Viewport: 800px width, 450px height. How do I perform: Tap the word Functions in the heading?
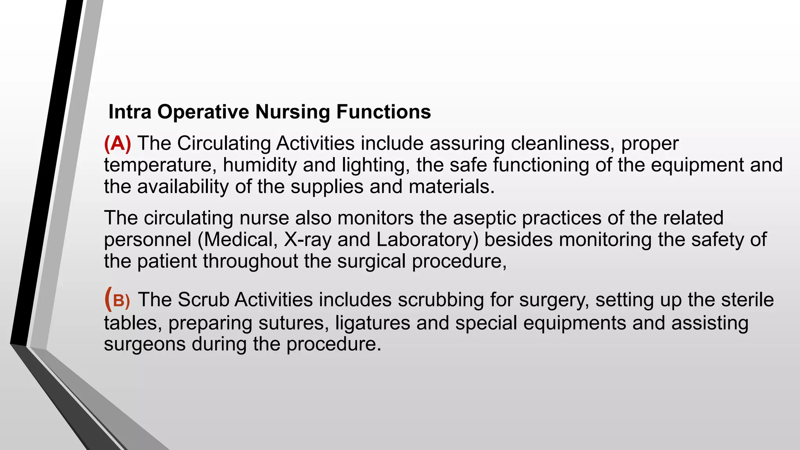pos(384,112)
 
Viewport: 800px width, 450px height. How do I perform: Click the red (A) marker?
pos(118,143)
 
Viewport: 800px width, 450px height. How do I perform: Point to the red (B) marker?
pos(117,300)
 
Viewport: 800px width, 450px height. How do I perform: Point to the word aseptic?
pos(484,218)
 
